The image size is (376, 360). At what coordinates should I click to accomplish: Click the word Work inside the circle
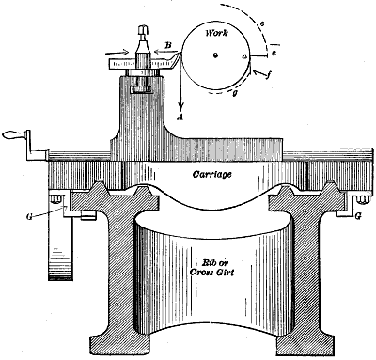tap(214, 32)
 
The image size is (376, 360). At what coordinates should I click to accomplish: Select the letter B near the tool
tap(167, 43)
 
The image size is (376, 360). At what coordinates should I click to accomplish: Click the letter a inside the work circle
tap(245, 57)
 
